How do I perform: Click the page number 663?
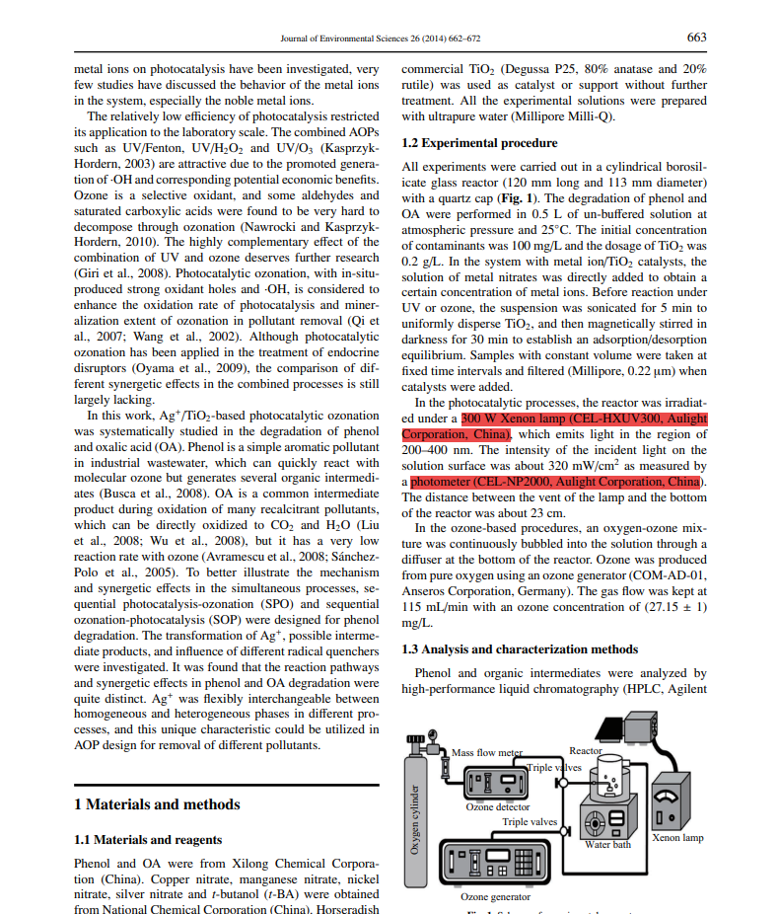(x=696, y=38)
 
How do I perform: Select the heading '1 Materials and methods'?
(x=157, y=804)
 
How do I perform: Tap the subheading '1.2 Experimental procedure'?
(x=480, y=143)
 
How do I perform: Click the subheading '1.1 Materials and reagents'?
(x=148, y=840)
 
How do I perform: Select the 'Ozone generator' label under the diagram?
(x=495, y=896)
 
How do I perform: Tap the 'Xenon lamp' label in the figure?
(x=678, y=838)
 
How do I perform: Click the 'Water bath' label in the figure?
(x=607, y=844)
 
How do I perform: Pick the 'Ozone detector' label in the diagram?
(x=498, y=806)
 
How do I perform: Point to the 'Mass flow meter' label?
(x=487, y=752)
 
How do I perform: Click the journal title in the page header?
(x=381, y=38)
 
